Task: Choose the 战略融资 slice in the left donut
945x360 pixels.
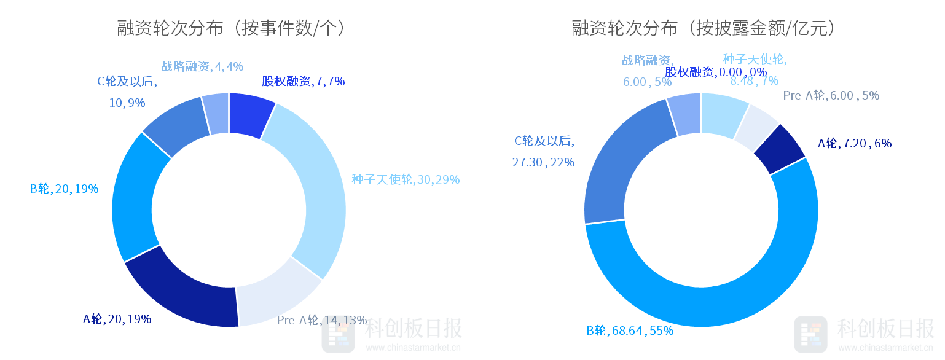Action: click(216, 114)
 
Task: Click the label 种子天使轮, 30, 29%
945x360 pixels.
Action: click(406, 179)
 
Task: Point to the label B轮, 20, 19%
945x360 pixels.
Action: click(64, 189)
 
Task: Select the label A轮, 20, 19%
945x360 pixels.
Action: click(117, 319)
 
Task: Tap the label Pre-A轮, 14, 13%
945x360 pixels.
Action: click(321, 320)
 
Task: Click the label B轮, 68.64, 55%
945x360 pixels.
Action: click(630, 331)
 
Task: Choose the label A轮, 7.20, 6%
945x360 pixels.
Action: click(854, 143)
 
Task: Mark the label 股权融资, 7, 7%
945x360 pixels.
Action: click(303, 81)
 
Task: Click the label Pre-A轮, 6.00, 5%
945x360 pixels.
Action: click(831, 95)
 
